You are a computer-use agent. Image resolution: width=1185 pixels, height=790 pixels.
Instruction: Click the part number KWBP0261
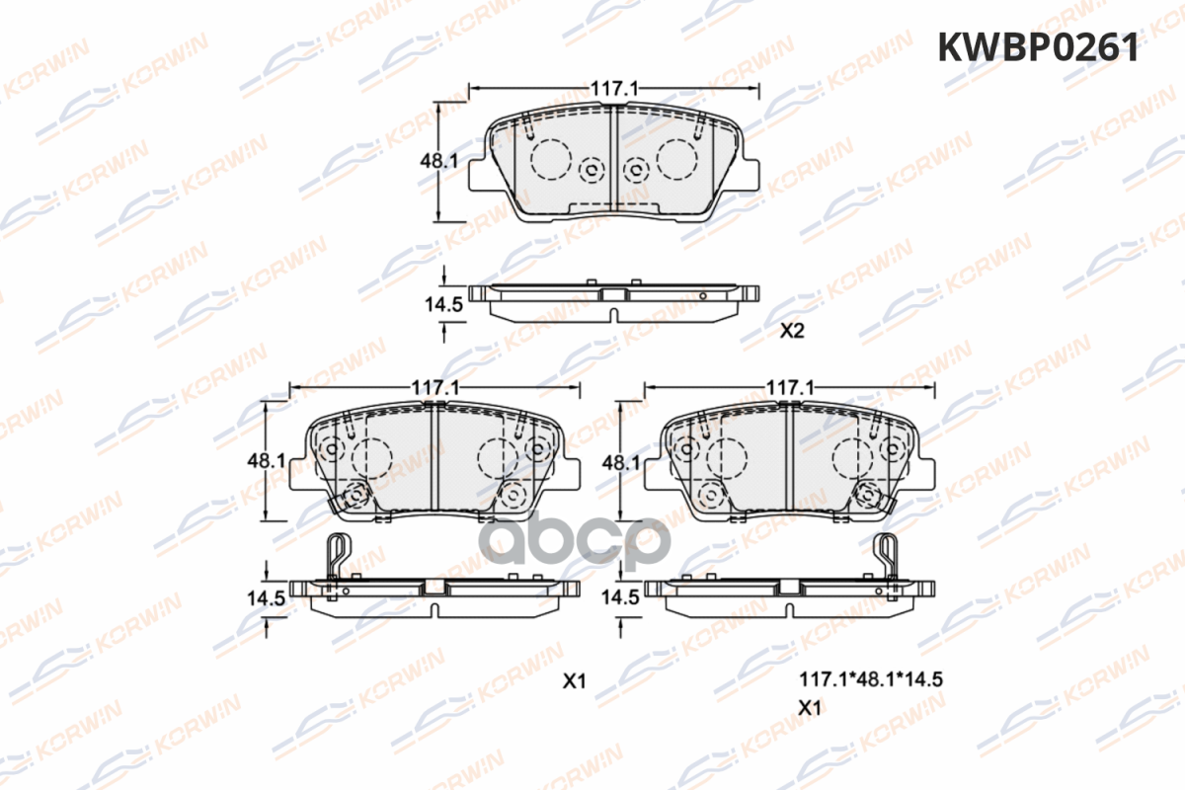[1039, 47]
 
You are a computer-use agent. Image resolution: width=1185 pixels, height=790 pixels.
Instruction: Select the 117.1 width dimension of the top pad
[614, 88]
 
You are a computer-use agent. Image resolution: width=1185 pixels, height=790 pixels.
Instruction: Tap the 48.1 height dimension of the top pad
[439, 160]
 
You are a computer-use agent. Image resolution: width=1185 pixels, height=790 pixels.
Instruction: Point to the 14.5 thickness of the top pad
[443, 304]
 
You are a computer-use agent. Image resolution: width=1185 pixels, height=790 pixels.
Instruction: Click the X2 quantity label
[792, 331]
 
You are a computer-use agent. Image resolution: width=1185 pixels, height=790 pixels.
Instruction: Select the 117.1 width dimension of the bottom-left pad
[434, 388]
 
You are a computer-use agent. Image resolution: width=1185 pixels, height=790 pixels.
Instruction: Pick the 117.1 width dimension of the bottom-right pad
[790, 388]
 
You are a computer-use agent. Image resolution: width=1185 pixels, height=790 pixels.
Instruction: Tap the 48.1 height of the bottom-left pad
[267, 461]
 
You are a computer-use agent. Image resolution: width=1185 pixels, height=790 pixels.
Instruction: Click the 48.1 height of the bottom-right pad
[621, 463]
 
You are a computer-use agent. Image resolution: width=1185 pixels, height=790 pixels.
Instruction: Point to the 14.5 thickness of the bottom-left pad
[267, 598]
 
